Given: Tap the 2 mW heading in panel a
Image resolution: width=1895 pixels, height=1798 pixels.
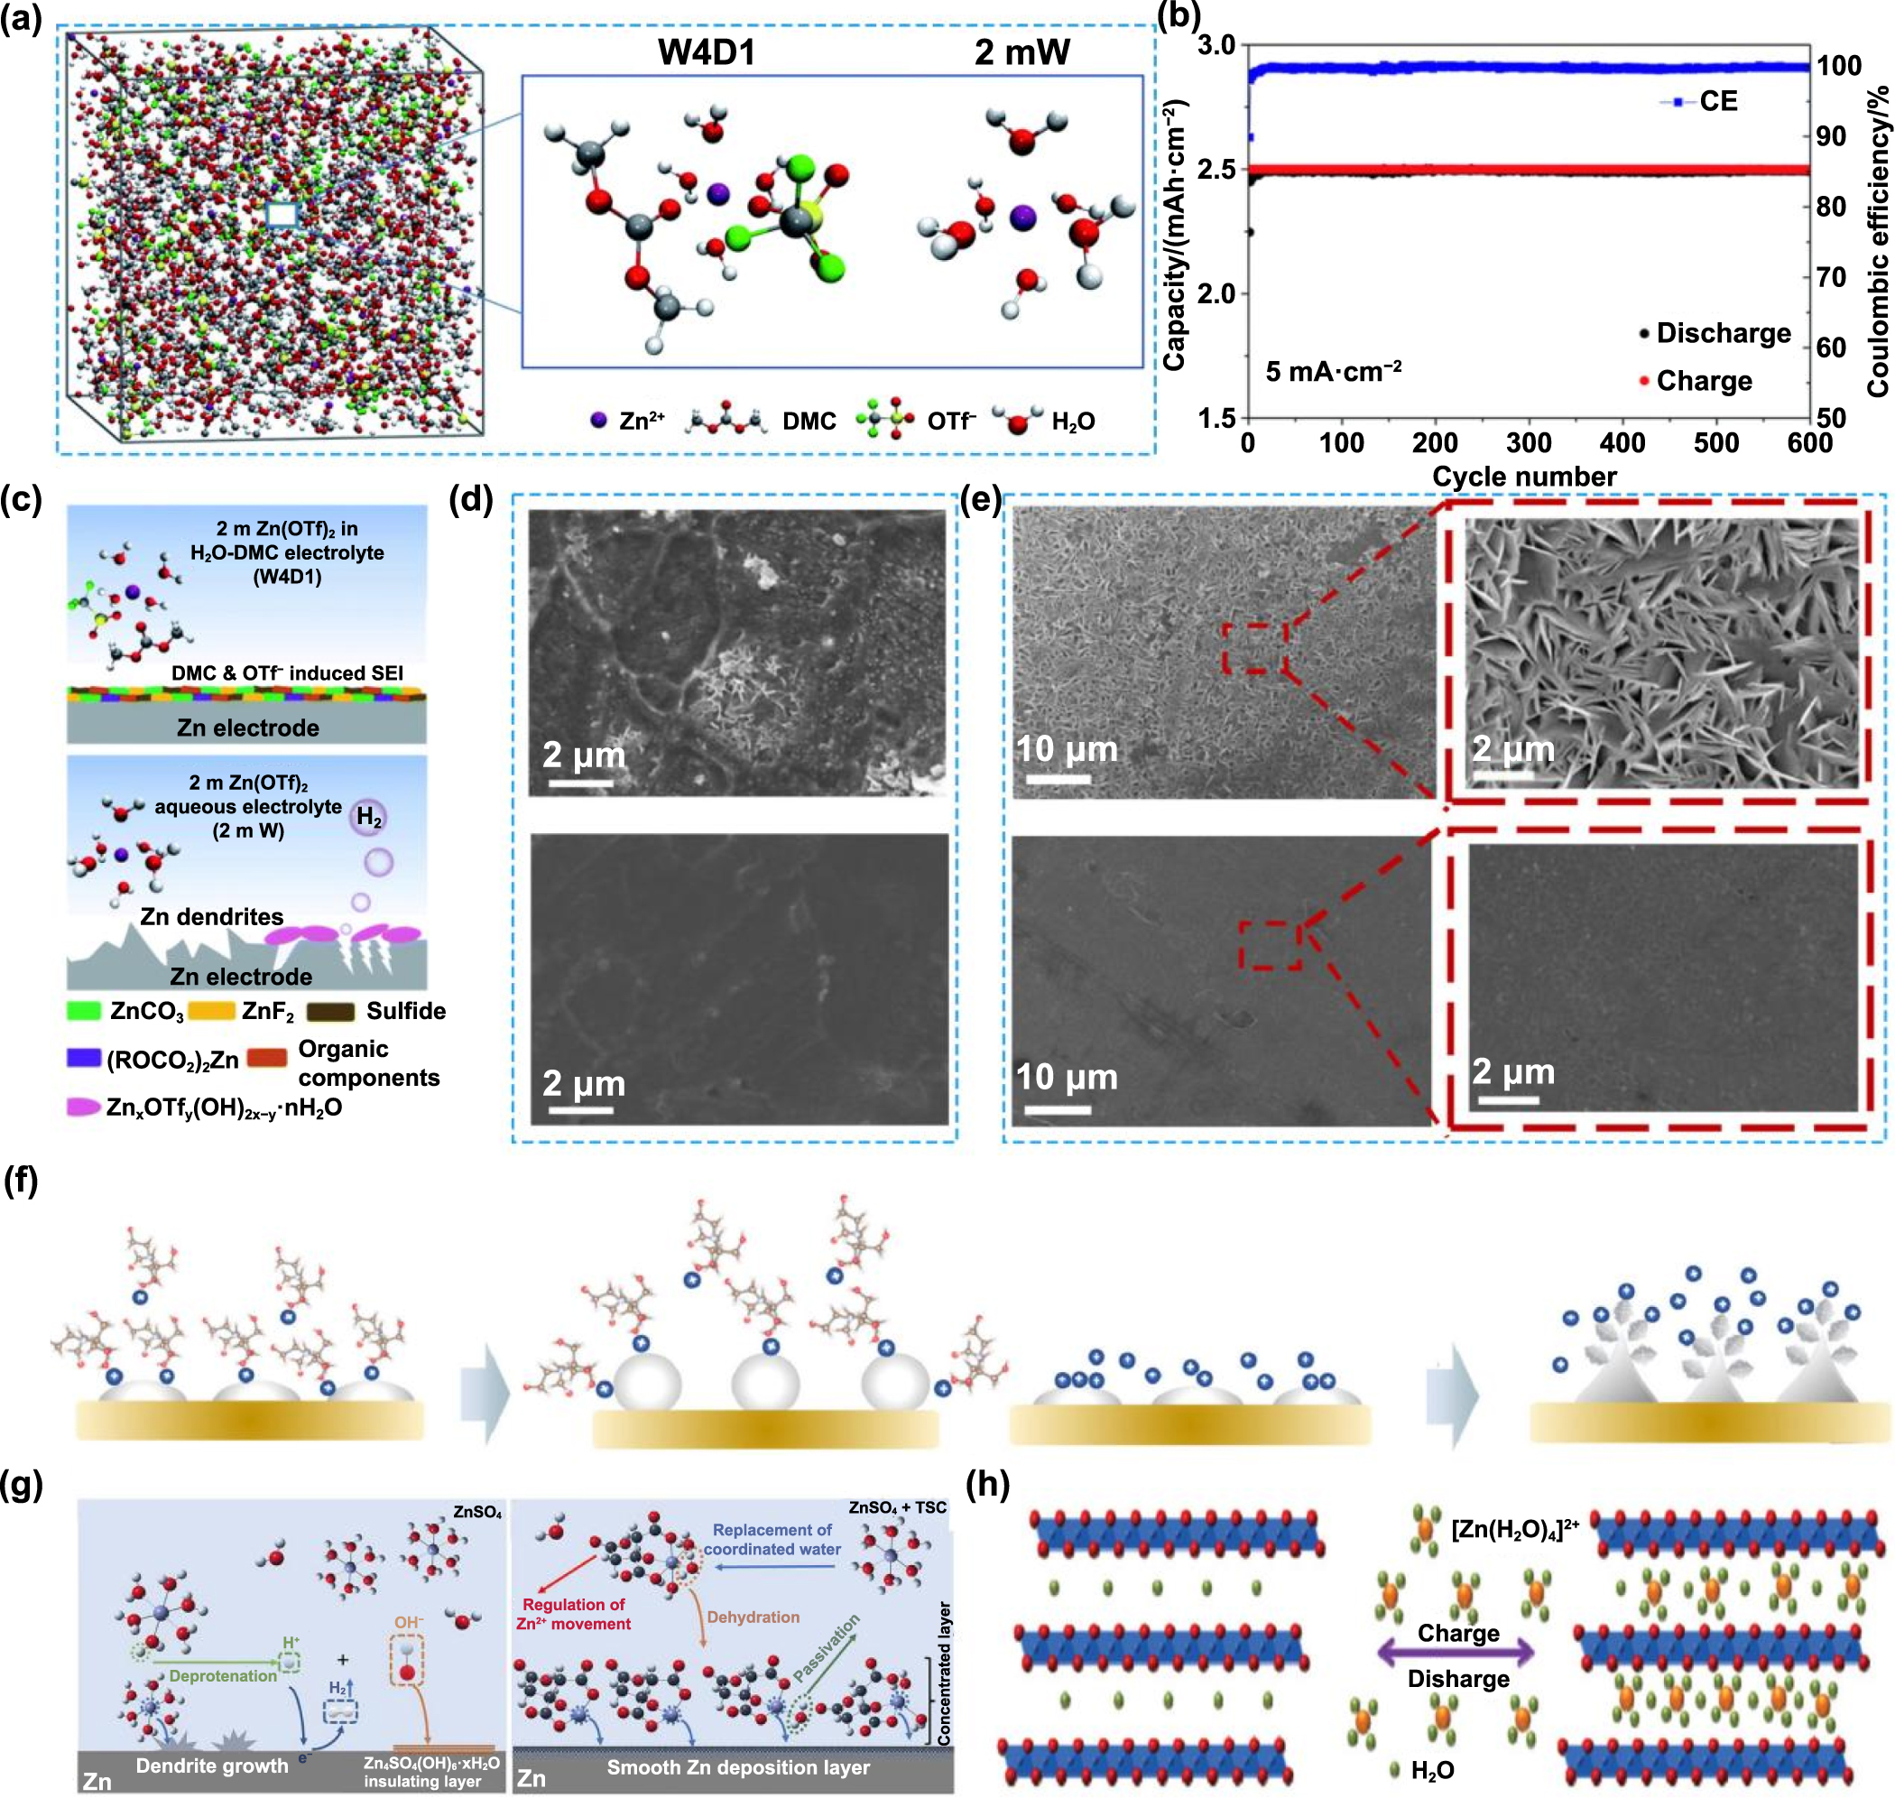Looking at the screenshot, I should click(1021, 51).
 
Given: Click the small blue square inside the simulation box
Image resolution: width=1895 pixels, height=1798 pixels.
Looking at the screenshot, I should click(282, 215).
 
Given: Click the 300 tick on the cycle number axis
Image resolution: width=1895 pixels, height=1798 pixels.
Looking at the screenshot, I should click(1528, 443).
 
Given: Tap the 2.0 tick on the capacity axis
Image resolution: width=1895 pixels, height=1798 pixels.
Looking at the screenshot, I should click(1216, 293).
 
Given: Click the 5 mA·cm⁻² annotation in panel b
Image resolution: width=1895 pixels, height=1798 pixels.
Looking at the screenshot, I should click(1333, 371).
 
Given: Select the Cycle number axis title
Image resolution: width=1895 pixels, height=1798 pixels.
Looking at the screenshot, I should click(1524, 477).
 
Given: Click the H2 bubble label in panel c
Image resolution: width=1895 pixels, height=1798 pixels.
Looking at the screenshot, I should click(369, 818).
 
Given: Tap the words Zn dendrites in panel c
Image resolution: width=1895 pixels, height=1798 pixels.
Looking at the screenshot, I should click(212, 917).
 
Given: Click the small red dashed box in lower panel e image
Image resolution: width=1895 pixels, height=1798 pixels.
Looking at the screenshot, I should click(1270, 945).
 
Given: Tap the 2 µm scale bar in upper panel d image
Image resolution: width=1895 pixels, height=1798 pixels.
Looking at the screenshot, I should click(581, 784).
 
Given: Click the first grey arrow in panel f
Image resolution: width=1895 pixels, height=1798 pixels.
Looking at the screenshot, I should click(485, 1395).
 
